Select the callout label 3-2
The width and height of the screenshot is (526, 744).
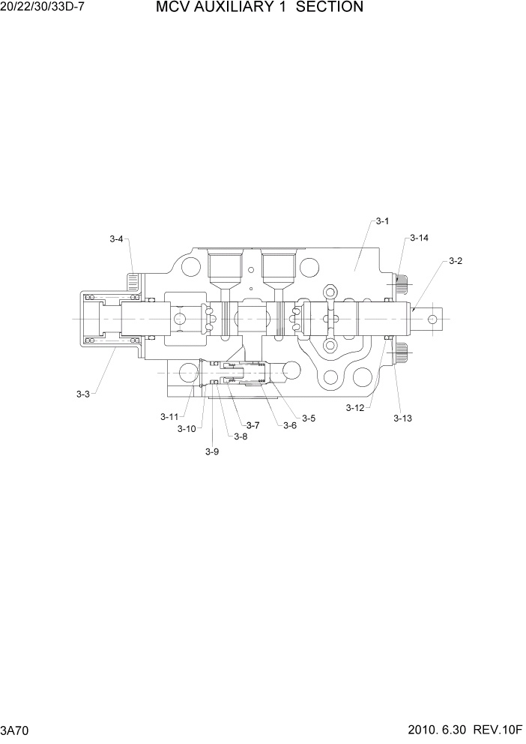455,261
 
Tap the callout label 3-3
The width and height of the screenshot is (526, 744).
82,394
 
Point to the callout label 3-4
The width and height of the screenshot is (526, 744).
116,239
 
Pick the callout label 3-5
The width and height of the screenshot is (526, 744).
309,418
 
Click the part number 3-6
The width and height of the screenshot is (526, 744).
289,425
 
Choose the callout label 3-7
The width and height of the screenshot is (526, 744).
253,425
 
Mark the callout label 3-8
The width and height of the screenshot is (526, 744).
240,436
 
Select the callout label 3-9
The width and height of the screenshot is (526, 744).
212,451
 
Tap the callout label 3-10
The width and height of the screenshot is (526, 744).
187,429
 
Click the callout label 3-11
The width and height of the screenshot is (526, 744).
169,416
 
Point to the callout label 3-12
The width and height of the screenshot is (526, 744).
355,408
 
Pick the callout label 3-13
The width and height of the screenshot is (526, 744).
403,418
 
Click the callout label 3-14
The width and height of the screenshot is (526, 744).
419,238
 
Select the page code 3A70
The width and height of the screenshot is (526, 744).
15,730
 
